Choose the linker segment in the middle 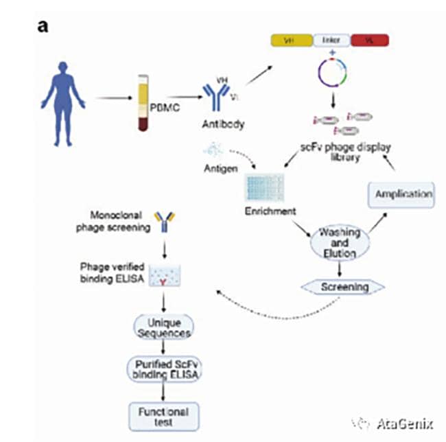pyautogui.click(x=331, y=40)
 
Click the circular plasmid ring pyautogui.click(x=332, y=72)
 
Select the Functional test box pyautogui.click(x=163, y=415)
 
